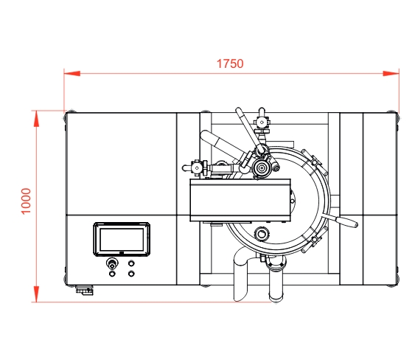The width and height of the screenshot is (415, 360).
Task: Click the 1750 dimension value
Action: pyautogui.click(x=230, y=64)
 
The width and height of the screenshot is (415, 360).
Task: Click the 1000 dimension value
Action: pyautogui.click(x=27, y=201)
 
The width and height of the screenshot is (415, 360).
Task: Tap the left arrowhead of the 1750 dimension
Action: pyautogui.click(x=72, y=73)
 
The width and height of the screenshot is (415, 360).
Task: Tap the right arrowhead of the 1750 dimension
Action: pyautogui.click(x=391, y=73)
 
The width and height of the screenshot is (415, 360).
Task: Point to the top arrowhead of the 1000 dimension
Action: pyautogui.click(x=37, y=119)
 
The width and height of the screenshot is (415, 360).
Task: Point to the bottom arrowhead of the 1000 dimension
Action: pyautogui.click(x=37, y=294)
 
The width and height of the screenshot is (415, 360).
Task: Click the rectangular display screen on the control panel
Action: pyautogui.click(x=122, y=240)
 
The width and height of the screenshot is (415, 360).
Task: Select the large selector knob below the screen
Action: pyautogui.click(x=112, y=264)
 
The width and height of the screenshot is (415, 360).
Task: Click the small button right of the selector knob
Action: pyautogui.click(x=131, y=263)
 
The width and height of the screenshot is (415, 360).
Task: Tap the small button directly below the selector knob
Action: pyautogui.click(x=112, y=274)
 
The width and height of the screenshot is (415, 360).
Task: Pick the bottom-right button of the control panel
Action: pyautogui.click(x=131, y=274)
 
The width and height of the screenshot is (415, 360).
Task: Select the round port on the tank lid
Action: pyautogui.click(x=262, y=234)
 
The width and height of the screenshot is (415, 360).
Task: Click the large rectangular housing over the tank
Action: pyautogui.click(x=240, y=200)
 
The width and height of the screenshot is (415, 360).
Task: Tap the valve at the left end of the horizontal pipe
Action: pyautogui.click(x=196, y=167)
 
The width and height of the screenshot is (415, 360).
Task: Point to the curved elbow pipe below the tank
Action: pyautogui.click(x=240, y=274)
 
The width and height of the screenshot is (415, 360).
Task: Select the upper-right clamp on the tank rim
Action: pyautogui.click(x=315, y=161)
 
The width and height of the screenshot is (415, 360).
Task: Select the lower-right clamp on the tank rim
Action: pyautogui.click(x=314, y=240)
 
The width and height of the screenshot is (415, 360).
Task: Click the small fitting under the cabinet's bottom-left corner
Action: pyautogui.click(x=85, y=290)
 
